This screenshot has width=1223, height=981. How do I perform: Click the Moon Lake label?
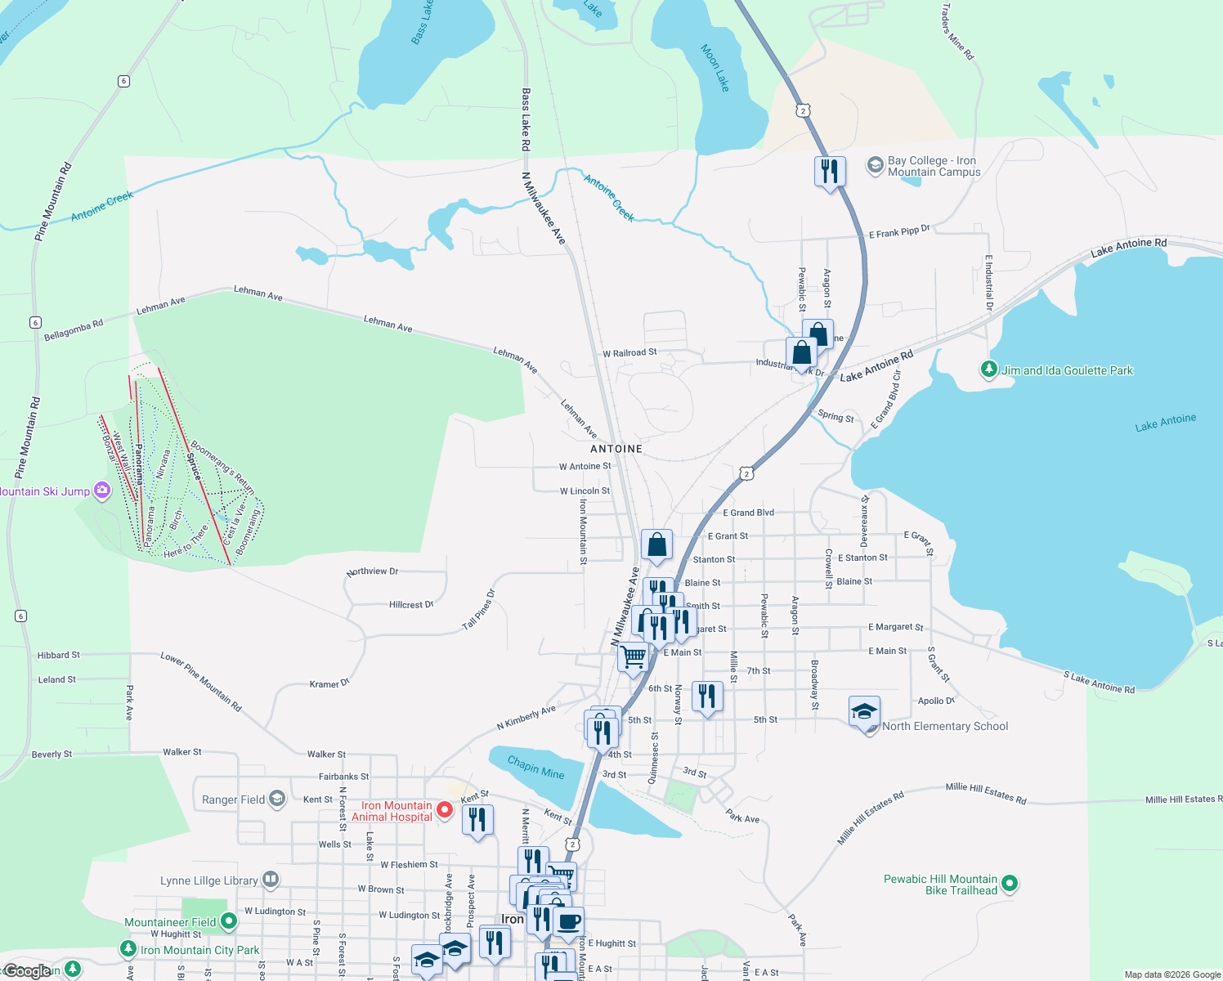(x=715, y=68)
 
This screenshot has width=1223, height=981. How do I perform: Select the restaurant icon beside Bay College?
(x=830, y=172)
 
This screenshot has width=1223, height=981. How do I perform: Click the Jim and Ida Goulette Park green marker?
(x=989, y=370)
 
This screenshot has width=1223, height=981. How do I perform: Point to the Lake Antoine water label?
(x=1165, y=423)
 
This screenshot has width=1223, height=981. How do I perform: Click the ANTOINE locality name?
(x=616, y=449)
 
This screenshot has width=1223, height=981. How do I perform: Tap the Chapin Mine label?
(x=535, y=768)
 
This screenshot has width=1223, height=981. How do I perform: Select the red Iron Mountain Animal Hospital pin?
(x=445, y=810)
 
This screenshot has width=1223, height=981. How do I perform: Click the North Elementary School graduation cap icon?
(x=864, y=713)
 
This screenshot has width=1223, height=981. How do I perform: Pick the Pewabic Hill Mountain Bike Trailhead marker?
(x=1010, y=884)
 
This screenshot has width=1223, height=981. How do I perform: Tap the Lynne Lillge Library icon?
(x=271, y=880)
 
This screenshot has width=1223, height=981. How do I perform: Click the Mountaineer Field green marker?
(x=229, y=921)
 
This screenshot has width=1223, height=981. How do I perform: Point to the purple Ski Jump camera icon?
(x=102, y=490)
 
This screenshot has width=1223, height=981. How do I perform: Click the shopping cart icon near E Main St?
(x=633, y=657)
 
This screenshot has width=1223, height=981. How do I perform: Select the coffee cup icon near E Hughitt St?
(x=569, y=922)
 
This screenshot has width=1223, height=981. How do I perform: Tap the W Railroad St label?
(x=629, y=353)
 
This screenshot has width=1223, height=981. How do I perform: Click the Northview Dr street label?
(x=372, y=571)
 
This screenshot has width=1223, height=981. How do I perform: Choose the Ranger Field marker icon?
(x=277, y=799)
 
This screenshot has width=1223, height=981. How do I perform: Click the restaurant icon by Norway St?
(x=707, y=697)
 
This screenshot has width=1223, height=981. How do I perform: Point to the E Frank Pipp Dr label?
(x=899, y=232)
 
